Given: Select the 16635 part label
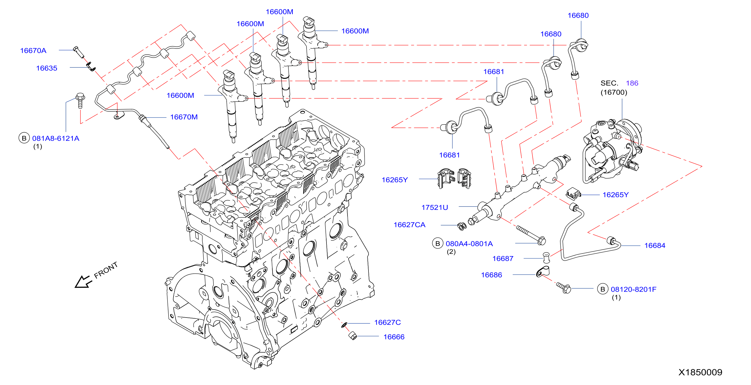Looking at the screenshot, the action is (47, 68).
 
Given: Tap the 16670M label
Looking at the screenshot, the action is (184, 117).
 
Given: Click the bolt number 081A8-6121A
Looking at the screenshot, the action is (56, 138).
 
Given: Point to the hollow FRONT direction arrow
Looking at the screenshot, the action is (83, 282).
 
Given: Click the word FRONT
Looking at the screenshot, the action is (106, 270).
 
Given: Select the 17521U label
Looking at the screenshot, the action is (434, 207).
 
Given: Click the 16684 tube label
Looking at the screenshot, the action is (655, 246).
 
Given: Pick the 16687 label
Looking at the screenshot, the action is (503, 258).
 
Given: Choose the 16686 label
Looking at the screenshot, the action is (491, 275).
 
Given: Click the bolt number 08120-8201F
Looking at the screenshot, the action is (634, 289).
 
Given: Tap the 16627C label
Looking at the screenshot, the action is (387, 322).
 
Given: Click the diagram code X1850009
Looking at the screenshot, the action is (700, 372).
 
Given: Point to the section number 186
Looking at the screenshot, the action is (632, 83).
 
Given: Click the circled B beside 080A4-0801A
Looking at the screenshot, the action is (437, 243).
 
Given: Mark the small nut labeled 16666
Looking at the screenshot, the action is (352, 336).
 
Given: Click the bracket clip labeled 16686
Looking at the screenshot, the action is (543, 272).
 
